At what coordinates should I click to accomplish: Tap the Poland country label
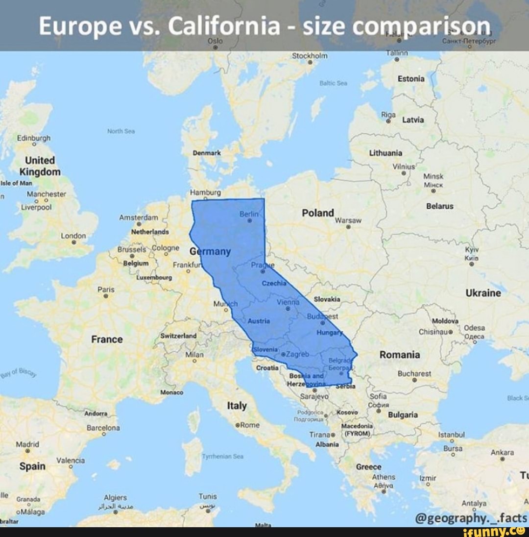[318, 213]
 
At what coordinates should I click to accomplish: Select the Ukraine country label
[483, 293]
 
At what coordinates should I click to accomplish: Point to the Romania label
[400, 354]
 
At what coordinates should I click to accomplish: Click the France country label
[107, 339]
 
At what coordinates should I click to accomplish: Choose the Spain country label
[32, 466]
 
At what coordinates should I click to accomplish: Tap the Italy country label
[237, 406]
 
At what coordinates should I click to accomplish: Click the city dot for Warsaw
[348, 227]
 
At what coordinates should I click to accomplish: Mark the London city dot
[73, 242]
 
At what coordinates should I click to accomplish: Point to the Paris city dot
[106, 296]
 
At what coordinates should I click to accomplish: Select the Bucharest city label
[414, 373]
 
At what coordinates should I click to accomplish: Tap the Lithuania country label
[386, 152]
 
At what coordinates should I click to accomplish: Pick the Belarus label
[440, 206]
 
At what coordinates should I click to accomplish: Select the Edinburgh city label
[33, 138]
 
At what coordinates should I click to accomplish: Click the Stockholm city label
[309, 55]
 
